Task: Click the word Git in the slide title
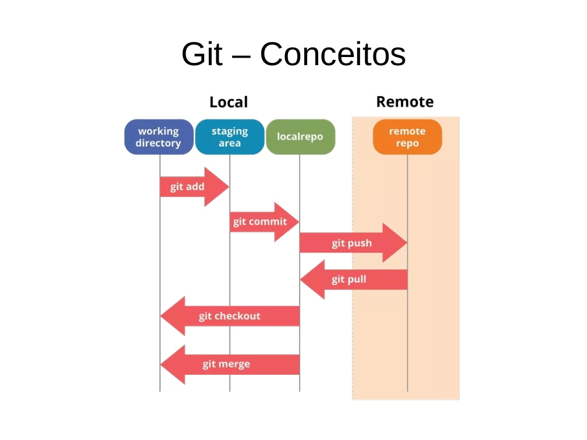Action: (201, 54)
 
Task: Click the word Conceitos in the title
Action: (332, 54)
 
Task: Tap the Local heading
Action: (229, 102)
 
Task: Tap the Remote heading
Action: (405, 102)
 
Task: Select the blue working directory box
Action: (159, 137)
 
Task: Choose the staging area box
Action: (230, 137)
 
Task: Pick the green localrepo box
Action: (300, 137)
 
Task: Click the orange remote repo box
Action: (407, 137)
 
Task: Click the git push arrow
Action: (352, 243)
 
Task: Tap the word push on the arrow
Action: (360, 243)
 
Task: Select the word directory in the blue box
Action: (158, 144)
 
